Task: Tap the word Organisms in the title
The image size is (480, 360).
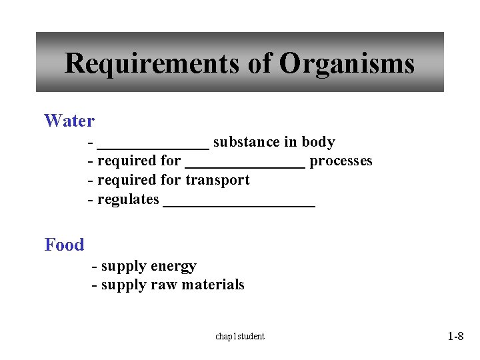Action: (347, 64)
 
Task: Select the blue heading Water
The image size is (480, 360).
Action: (69, 121)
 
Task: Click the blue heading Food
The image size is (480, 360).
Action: (65, 245)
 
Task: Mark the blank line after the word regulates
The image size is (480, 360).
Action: (239, 205)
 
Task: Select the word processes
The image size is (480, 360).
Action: (341, 161)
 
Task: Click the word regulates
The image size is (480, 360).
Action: (128, 199)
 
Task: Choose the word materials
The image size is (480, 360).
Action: (213, 285)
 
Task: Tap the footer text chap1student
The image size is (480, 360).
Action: (240, 336)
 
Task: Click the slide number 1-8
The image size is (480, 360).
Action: (455, 336)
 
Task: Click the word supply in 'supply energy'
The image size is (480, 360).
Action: (124, 267)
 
